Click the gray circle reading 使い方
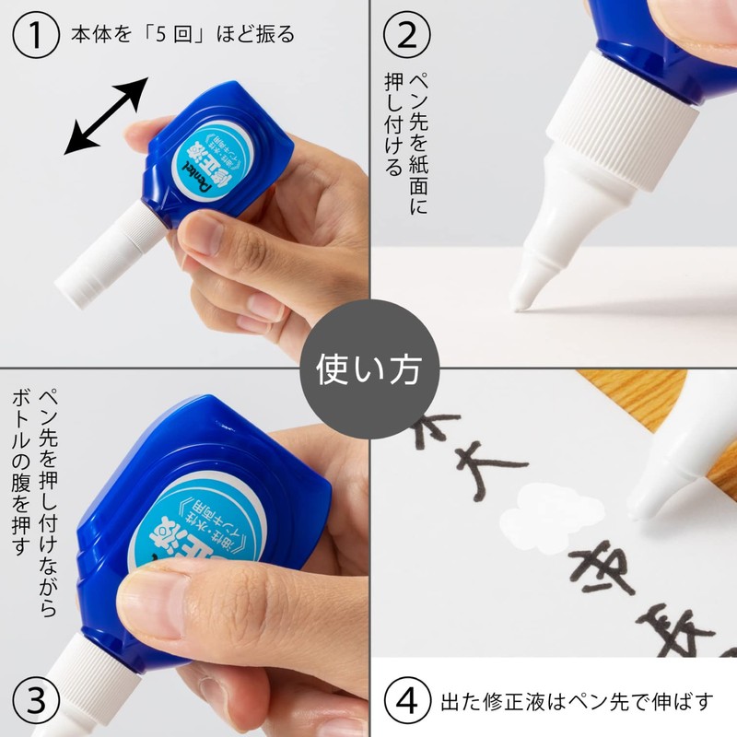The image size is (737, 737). coord(368,368)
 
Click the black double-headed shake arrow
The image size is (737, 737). coord(106,114)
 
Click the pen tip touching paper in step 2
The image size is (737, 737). coord(522,293)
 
